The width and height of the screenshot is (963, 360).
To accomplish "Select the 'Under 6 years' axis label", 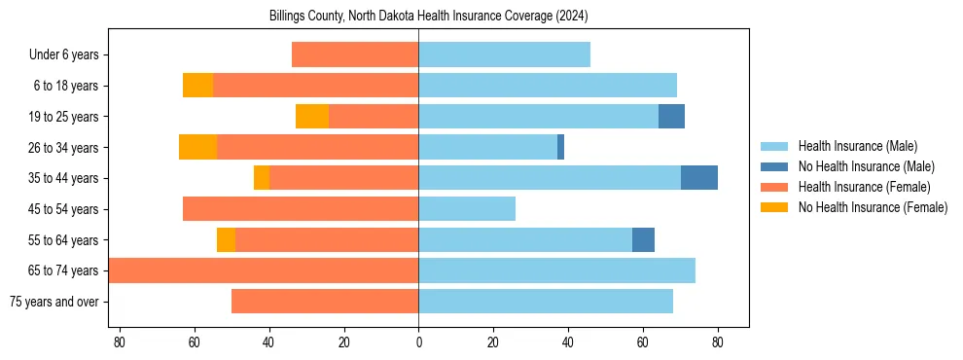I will click(x=69, y=55).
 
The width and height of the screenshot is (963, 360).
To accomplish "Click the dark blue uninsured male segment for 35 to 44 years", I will click(x=699, y=178).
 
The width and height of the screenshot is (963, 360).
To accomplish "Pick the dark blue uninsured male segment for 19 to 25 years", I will click(x=671, y=117).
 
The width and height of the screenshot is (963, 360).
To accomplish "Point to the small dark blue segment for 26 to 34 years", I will click(x=560, y=147).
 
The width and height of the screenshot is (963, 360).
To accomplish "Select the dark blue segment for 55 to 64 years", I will click(x=643, y=239).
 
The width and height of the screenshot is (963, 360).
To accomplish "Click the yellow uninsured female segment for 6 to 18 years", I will click(x=197, y=86).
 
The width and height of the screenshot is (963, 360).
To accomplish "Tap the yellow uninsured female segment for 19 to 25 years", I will click(x=312, y=117).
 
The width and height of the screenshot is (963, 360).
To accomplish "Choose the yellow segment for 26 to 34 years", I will click(x=197, y=147).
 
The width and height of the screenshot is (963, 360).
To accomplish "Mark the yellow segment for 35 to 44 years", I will click(x=262, y=178).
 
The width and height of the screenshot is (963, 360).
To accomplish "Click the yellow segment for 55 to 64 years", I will click(x=226, y=239).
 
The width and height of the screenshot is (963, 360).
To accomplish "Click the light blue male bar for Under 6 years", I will click(x=504, y=55).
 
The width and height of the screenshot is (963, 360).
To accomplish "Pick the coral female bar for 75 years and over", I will click(x=325, y=302).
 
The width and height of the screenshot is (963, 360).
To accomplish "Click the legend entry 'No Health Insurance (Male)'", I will click(x=866, y=166).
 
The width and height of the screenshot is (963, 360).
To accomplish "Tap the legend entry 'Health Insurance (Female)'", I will click(x=864, y=187).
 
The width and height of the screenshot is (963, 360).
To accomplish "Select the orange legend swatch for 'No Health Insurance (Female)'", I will click(x=774, y=207).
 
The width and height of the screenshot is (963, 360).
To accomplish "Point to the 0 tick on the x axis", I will click(x=418, y=342).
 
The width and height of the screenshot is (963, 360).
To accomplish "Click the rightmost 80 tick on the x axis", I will click(x=717, y=342).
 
